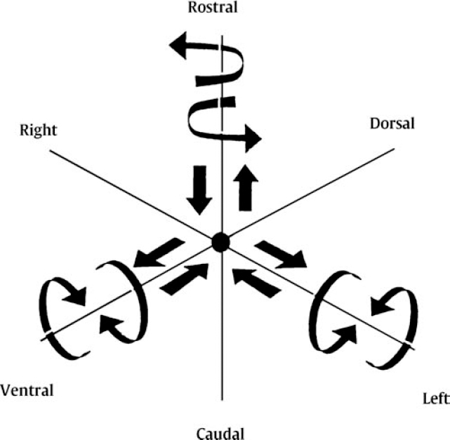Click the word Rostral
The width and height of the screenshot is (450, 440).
coord(213,8)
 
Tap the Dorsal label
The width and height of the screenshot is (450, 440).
coord(392,124)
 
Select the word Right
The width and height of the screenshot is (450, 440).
coord(39,130)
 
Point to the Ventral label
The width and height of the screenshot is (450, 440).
coord(27,390)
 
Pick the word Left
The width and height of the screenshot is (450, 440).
coord(435,399)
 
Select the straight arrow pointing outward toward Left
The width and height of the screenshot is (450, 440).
coord(282,254)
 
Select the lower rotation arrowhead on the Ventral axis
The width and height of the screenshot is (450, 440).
coord(109,324)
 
